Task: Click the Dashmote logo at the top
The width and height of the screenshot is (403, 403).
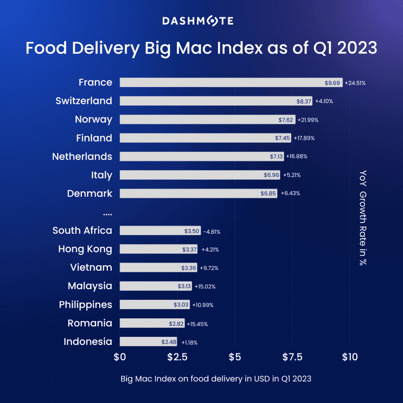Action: (x=198, y=21)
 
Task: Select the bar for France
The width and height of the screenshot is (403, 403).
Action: (x=231, y=82)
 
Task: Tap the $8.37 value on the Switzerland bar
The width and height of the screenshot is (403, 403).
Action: (x=304, y=101)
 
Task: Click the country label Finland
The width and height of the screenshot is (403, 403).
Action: (x=94, y=138)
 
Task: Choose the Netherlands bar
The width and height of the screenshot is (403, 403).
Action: (x=201, y=157)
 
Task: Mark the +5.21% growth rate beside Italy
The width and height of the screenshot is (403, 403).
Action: (x=292, y=175)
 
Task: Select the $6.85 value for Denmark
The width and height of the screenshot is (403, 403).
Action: (x=268, y=194)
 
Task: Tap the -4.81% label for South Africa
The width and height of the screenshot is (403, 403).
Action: (x=212, y=232)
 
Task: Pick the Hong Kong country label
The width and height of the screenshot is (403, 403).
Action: (x=85, y=249)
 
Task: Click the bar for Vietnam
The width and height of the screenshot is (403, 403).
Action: (x=158, y=268)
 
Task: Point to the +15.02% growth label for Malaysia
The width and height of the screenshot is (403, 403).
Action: (x=205, y=287)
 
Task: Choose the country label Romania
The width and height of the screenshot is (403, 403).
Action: (x=90, y=324)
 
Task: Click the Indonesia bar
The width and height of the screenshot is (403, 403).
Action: (x=148, y=342)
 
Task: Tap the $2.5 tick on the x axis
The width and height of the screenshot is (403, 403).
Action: (x=177, y=357)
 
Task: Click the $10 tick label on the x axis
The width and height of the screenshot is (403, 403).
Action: (x=350, y=357)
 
